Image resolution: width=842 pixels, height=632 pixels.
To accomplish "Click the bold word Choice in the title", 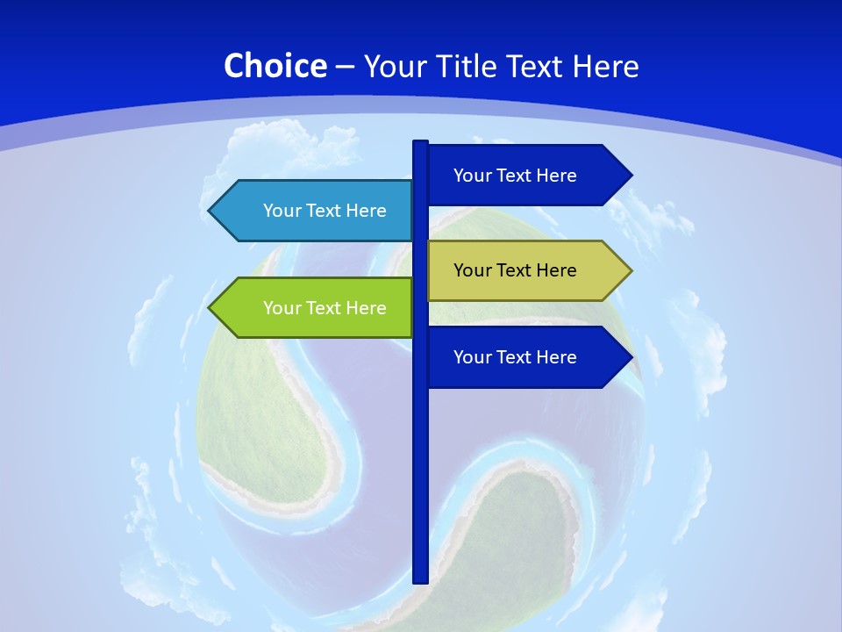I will [x=275, y=66].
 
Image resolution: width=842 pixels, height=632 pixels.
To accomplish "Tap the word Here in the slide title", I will [x=605, y=66].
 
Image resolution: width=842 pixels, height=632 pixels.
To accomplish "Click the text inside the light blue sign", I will [x=325, y=211].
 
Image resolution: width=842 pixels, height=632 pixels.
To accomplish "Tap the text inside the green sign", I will [x=325, y=308].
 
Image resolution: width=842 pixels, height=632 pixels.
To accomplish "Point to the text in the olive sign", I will [x=515, y=270].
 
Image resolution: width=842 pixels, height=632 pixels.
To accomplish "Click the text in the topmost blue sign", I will [x=515, y=176].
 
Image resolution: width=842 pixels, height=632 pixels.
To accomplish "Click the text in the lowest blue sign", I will [x=515, y=357].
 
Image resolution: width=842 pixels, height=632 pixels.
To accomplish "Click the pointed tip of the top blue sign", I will [x=630, y=176].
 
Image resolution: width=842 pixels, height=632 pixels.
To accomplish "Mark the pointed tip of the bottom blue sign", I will [x=630, y=357].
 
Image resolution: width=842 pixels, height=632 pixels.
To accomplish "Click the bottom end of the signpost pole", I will [x=420, y=579].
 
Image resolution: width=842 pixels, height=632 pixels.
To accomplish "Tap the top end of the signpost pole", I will [x=420, y=143].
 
